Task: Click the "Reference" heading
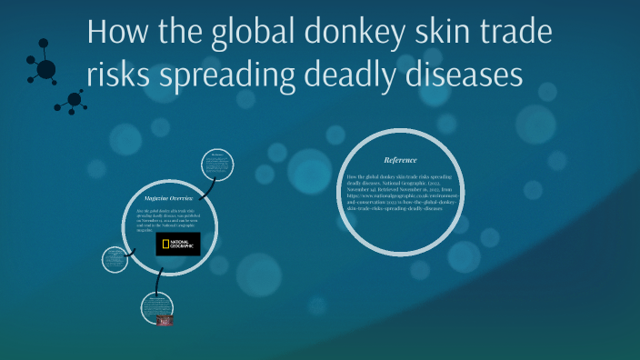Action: [x=400, y=160]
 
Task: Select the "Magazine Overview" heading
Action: [x=168, y=197]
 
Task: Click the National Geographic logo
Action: [x=178, y=244]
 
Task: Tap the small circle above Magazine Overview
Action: [x=219, y=164]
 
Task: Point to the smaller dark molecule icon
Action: [x=73, y=102]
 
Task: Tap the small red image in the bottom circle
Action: [x=165, y=321]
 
